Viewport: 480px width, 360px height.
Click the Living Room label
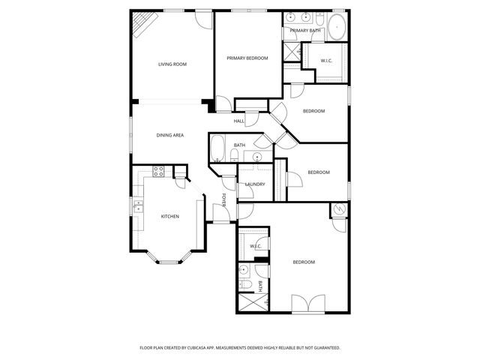pyautogui.click(x=172, y=64)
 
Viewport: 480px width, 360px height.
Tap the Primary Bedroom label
pyautogui.click(x=247, y=58)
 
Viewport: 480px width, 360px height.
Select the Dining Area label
pyautogui.click(x=170, y=136)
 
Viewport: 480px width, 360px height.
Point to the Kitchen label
pyautogui.click(x=170, y=217)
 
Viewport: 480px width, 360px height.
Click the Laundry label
pyautogui.click(x=255, y=184)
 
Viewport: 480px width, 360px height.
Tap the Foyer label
pyautogui.click(x=223, y=199)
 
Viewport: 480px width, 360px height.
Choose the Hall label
pyautogui.click(x=239, y=121)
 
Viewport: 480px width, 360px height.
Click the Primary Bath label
pyautogui.click(x=305, y=31)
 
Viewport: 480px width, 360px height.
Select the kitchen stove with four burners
pyautogui.click(x=159, y=171)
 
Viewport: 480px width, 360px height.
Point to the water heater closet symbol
pyautogui.click(x=339, y=210)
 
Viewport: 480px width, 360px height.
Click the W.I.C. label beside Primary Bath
pyautogui.click(x=327, y=61)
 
